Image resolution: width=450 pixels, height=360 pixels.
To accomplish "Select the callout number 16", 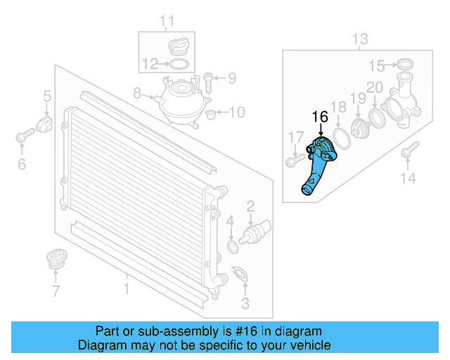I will click(320, 116).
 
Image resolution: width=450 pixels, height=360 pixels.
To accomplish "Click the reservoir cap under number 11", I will click(179, 48).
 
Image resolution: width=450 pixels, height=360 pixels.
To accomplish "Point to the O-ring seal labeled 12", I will click(179, 65).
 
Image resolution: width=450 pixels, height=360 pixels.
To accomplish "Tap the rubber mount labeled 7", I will click(56, 259).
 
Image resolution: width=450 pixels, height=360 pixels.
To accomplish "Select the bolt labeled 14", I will click(406, 150).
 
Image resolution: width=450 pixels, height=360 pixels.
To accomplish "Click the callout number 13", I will click(359, 39).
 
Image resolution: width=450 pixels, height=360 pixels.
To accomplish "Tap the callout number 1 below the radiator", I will click(127, 288).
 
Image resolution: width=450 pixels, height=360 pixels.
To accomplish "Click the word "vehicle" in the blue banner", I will click(307, 345).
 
